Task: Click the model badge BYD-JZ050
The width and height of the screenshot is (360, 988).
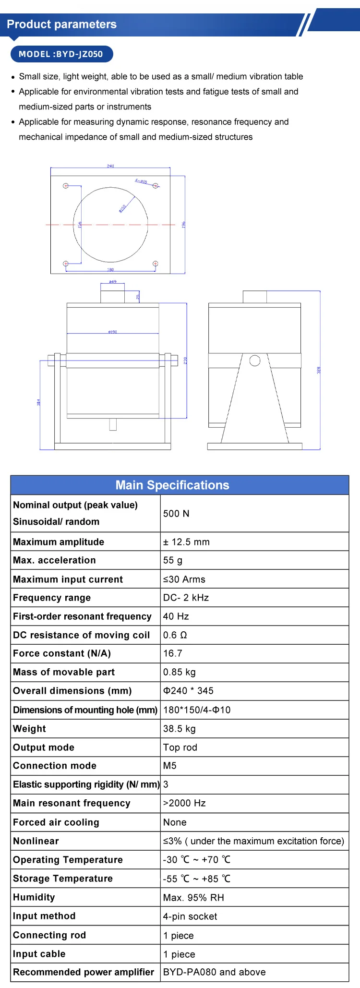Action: (x=61, y=54)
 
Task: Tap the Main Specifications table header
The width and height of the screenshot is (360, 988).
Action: (x=172, y=485)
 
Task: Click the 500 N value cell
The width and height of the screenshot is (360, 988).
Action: (x=176, y=514)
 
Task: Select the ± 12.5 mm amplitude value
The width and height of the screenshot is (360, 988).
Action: (x=186, y=542)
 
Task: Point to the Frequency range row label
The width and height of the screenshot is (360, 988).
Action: (x=52, y=598)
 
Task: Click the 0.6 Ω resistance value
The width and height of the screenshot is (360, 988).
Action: (x=175, y=635)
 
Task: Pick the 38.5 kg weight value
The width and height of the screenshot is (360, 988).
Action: (x=180, y=729)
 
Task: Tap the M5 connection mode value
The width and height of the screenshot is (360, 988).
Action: (x=170, y=766)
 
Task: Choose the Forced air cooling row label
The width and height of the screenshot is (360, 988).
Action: (x=56, y=822)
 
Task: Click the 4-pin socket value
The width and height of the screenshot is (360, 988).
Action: (x=190, y=916)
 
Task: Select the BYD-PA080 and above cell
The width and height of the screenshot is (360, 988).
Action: (x=214, y=972)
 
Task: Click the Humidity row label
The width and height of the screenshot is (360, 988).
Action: (x=34, y=897)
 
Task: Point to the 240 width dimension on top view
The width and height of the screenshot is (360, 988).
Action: (x=110, y=166)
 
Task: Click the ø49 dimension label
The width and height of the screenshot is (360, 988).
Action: (x=113, y=282)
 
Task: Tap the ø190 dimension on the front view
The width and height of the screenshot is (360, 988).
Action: (x=113, y=332)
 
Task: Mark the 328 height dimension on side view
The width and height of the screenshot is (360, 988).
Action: (x=318, y=370)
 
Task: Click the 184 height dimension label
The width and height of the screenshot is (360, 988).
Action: (x=39, y=402)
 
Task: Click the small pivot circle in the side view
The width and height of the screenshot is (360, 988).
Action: (x=255, y=361)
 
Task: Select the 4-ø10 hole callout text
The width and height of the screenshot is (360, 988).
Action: (x=141, y=181)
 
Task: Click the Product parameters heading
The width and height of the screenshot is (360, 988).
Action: (x=62, y=24)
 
